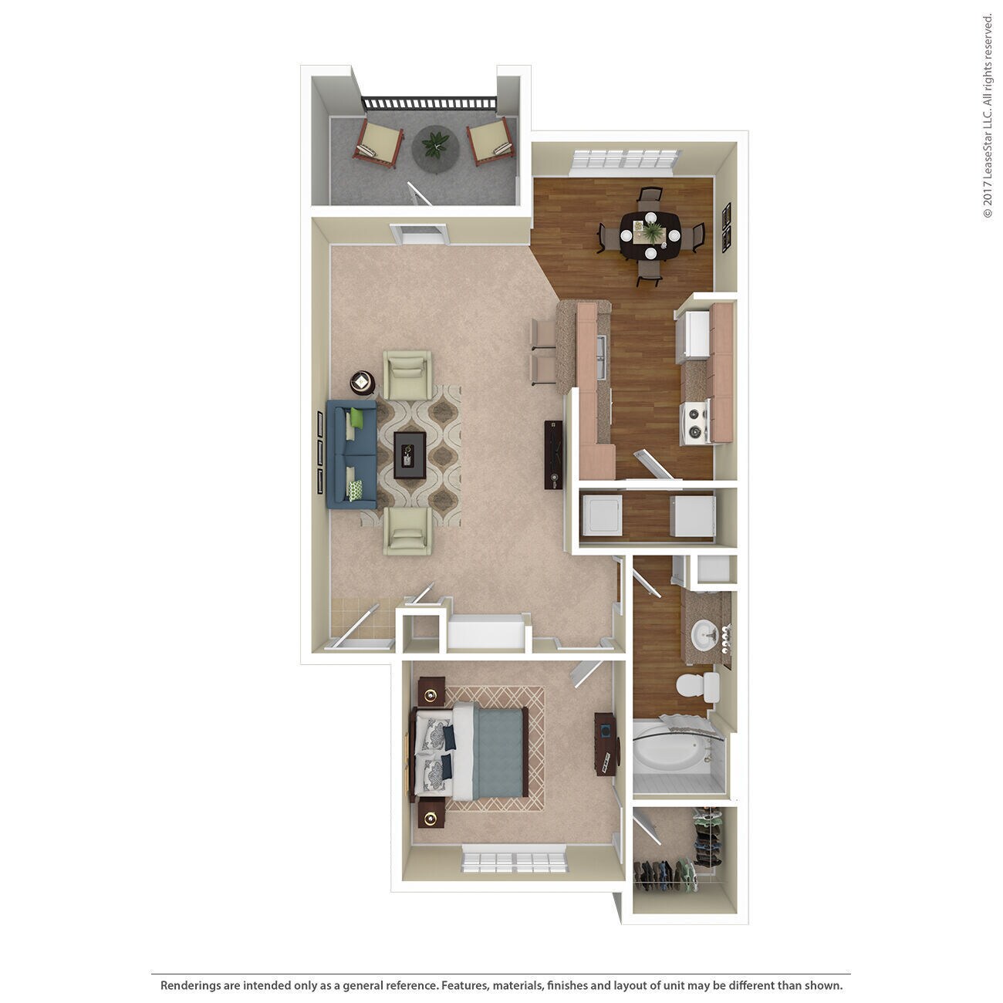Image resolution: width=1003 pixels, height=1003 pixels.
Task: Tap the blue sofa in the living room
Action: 351,454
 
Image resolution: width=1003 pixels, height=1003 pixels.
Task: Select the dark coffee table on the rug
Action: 410,454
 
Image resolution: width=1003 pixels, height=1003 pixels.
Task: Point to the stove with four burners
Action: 694,423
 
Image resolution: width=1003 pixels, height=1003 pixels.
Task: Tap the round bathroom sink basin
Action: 704,635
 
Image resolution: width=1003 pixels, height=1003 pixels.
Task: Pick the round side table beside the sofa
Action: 363,381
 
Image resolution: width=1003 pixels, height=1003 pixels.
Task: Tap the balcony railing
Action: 429,103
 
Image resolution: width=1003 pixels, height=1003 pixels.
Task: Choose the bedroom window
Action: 515,860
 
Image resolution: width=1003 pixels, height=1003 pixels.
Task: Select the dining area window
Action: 626,160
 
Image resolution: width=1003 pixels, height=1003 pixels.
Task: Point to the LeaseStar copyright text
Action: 988,116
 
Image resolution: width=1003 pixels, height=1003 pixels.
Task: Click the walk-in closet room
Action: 679,856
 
